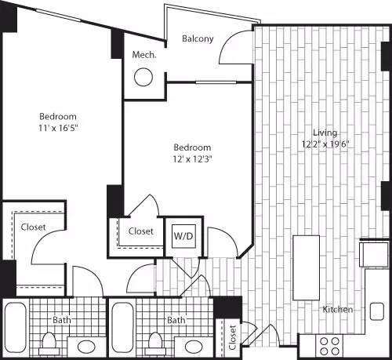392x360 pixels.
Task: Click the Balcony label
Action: click(x=198, y=38)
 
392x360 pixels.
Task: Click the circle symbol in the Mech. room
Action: click(x=143, y=77)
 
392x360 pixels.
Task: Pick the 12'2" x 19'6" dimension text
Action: click(x=321, y=144)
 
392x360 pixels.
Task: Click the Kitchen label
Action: click(x=338, y=310)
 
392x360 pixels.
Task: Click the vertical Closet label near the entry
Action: click(x=232, y=336)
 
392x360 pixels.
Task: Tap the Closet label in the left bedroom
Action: click(x=33, y=227)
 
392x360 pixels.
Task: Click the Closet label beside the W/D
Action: click(x=140, y=231)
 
